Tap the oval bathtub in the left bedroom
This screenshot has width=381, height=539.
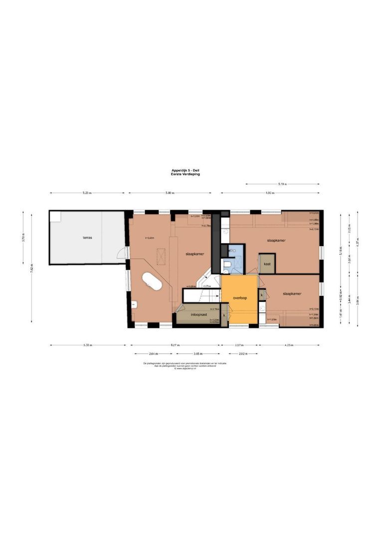pyautogui.click(x=152, y=281)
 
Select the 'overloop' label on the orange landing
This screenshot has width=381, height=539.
pyautogui.click(x=240, y=298)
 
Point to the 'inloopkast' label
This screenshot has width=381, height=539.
pyautogui.click(x=198, y=315)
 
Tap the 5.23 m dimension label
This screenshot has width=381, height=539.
pyautogui.click(x=87, y=193)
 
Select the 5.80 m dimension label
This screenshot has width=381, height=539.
pyautogui.click(x=170, y=193)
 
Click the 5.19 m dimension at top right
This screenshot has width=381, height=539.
pyautogui.click(x=283, y=184)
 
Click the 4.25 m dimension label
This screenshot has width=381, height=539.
pyautogui.click(x=289, y=345)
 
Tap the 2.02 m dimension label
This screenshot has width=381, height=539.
pyautogui.click(x=243, y=353)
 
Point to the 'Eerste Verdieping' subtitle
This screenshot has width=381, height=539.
pyautogui.click(x=185, y=175)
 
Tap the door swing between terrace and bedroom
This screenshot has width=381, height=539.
pyautogui.click(x=121, y=254)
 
